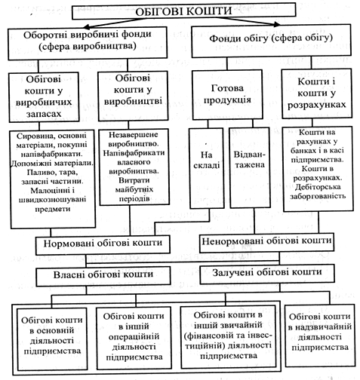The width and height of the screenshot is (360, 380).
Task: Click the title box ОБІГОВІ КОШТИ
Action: click(183, 11)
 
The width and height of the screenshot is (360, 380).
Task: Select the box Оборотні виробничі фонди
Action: click(88, 43)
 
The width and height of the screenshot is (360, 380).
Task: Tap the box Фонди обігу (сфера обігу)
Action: click(271, 41)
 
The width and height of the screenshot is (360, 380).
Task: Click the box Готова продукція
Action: click(227, 95)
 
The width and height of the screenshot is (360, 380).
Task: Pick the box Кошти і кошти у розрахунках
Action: click(316, 93)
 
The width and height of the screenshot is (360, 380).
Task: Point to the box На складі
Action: click(207, 168)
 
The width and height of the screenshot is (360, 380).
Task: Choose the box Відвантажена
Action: click(250, 168)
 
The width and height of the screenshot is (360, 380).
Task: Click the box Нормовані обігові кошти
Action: click(103, 244)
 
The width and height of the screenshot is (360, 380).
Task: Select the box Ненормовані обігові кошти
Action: click(266, 243)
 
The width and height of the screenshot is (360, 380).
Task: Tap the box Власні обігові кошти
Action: click(103, 275)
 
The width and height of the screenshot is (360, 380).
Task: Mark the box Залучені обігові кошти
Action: click(267, 274)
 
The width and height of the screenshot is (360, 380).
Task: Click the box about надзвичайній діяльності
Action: click(320, 336)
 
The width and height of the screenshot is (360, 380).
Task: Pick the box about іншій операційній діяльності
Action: click(134, 338)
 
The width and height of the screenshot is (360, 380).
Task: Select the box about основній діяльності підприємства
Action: click(52, 339)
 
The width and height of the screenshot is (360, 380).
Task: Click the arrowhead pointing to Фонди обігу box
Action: click(277, 24)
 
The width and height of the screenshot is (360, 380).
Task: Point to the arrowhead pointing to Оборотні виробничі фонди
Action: click(86, 26)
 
